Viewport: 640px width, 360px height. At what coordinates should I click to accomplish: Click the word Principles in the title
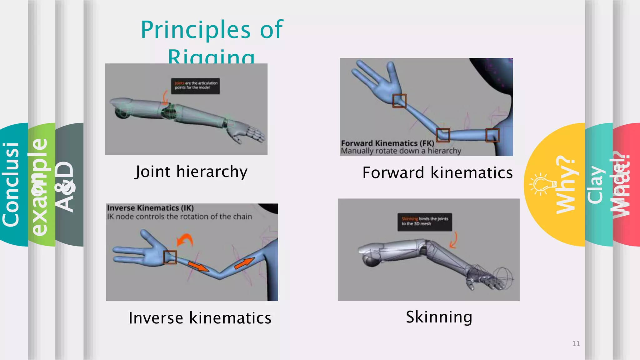(x=196, y=30)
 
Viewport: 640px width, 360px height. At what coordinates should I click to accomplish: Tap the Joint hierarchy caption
(x=191, y=172)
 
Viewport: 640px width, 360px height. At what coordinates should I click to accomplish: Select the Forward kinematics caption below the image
(x=437, y=172)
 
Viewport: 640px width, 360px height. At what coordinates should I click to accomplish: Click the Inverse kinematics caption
(x=200, y=318)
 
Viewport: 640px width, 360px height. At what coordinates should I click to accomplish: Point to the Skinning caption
(x=439, y=317)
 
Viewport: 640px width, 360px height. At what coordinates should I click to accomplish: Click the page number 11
(x=576, y=343)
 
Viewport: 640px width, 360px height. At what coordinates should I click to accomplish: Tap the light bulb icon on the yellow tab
(x=543, y=184)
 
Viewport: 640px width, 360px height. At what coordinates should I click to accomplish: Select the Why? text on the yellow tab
(x=566, y=184)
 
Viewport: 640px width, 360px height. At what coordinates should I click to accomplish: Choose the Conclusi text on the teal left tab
(x=11, y=184)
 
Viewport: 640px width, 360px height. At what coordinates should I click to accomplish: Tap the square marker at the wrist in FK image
(x=399, y=101)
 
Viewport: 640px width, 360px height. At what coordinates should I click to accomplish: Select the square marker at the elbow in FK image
(x=443, y=135)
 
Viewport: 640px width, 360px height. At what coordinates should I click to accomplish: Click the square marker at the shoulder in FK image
(x=492, y=135)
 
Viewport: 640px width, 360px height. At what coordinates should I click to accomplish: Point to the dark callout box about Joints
(x=195, y=86)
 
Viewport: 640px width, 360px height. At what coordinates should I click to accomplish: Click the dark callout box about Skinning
(x=424, y=222)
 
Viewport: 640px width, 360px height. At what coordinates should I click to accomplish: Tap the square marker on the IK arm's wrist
(x=170, y=257)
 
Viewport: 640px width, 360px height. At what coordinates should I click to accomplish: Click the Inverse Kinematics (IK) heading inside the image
(x=150, y=208)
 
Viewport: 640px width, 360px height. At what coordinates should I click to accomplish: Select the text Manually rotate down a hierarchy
(x=401, y=151)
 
